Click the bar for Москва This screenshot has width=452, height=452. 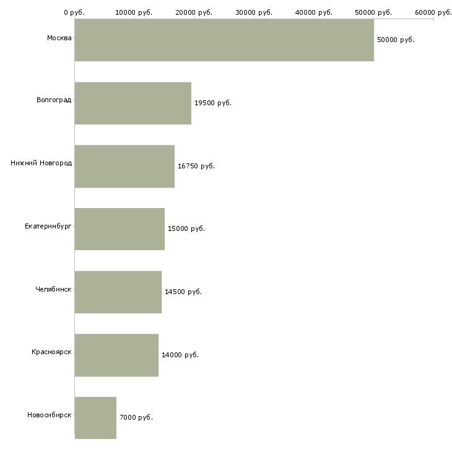(x=224, y=40)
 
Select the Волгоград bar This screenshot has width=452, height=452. (x=133, y=103)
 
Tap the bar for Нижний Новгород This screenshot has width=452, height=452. (x=124, y=166)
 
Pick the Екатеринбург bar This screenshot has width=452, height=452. (x=120, y=229)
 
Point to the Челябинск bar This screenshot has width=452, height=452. (x=118, y=292)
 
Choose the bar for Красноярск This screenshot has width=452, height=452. (x=116, y=355)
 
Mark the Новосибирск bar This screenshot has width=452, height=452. (x=95, y=418)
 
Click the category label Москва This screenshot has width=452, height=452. (x=59, y=38)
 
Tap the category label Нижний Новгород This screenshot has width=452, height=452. (x=41, y=163)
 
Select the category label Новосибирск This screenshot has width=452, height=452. (x=49, y=415)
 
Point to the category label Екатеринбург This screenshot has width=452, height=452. (x=48, y=227)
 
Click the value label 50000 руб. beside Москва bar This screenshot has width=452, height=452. (x=396, y=40)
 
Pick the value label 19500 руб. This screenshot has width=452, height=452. (x=213, y=103)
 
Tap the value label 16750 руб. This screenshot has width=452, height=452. (x=196, y=166)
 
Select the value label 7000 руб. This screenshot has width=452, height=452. (x=136, y=417)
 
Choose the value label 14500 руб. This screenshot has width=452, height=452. (x=183, y=292)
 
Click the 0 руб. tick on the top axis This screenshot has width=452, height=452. (x=74, y=12)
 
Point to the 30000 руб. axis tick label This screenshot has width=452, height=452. (x=254, y=12)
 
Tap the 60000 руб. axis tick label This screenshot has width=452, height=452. (x=433, y=12)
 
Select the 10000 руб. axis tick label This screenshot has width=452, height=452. (x=134, y=12)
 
